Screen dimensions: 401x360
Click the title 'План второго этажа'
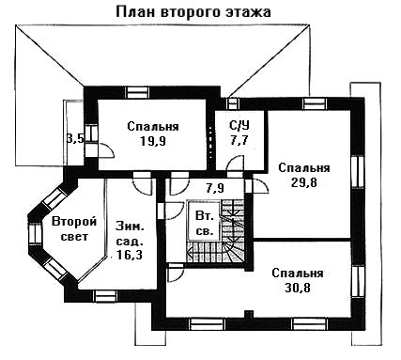193,12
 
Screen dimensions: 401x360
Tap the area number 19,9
153,141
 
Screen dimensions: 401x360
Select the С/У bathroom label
239,125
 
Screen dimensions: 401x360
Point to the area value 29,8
304,182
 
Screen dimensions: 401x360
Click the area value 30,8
298,288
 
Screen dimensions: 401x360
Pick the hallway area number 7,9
215,188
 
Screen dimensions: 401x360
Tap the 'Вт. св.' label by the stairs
205,224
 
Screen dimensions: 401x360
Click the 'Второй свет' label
74,228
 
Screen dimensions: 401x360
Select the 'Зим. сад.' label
130,233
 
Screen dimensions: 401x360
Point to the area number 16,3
130,255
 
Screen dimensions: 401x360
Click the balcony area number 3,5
75,138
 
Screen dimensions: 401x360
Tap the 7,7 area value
239,140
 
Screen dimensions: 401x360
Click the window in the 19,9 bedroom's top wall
137,92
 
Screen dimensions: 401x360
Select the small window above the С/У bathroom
232,103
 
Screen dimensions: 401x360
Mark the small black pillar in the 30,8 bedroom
249,314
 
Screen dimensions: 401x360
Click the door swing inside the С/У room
235,164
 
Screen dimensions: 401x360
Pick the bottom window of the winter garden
106,296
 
